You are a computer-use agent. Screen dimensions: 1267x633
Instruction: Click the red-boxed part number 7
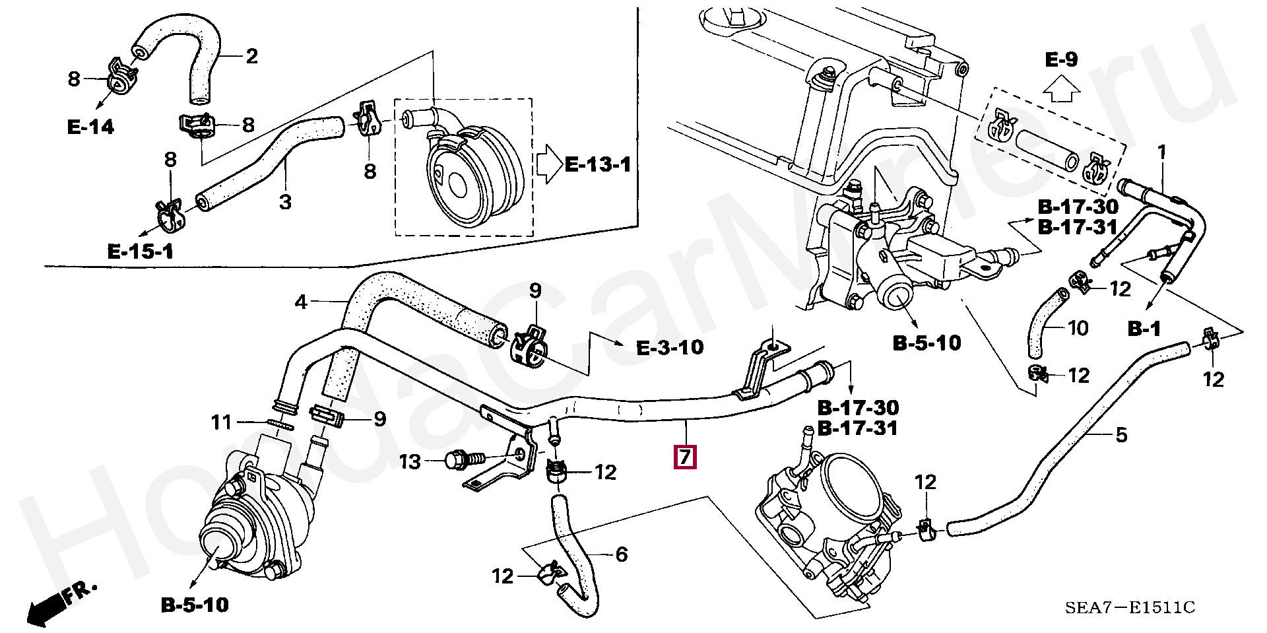coord(684,457)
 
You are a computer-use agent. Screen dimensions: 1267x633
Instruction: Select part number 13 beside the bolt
coord(410,461)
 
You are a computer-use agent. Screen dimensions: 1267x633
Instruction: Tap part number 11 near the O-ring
coord(222,422)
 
